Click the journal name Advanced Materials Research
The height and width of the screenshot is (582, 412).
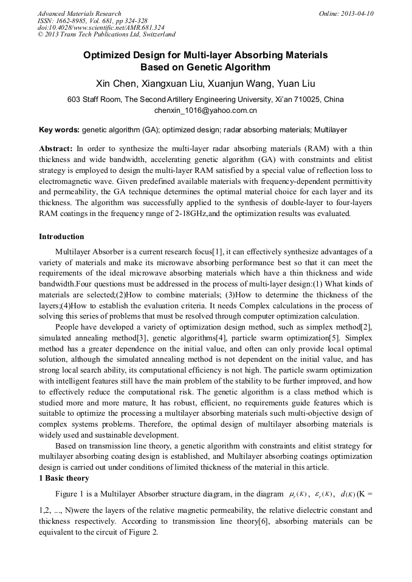pos(79,13)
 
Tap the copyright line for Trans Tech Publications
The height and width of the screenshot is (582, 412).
pos(106,35)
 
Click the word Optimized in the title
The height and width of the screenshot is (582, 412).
pos(111,55)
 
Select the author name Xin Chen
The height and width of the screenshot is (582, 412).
pos(115,83)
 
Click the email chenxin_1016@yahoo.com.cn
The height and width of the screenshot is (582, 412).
pos(205,110)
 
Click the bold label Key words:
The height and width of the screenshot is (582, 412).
pos(59,130)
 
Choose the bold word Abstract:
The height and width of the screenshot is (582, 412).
pos(56,149)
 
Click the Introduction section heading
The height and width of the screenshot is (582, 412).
pos(61,237)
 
